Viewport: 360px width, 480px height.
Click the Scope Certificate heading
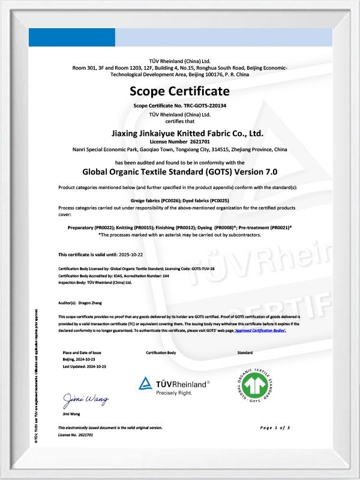[x=180, y=91]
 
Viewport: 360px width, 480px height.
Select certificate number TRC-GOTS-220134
[x=200, y=106]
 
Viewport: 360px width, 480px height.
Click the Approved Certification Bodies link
[x=260, y=331]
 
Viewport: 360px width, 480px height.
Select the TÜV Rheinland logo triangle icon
[x=146, y=383]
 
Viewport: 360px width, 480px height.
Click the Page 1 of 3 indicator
[x=275, y=427]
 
